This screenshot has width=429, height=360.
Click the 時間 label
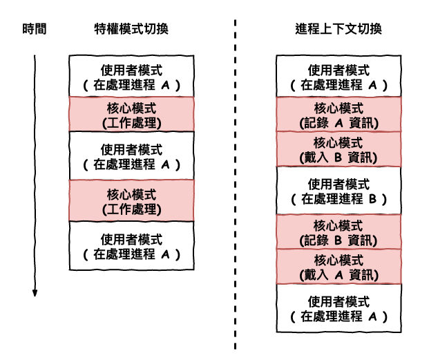click(x=35, y=29)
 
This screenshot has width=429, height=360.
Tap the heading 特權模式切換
click(x=131, y=29)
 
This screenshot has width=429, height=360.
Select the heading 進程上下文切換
click(x=339, y=29)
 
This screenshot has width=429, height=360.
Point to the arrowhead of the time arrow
click(x=35, y=293)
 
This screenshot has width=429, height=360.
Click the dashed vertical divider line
click(x=235, y=184)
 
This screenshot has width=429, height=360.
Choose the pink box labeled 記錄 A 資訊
click(x=339, y=114)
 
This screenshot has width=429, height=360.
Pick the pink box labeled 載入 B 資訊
click(x=339, y=149)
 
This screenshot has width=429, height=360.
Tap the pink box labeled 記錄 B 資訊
click(x=339, y=232)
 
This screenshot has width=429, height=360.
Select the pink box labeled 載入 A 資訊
click(x=339, y=267)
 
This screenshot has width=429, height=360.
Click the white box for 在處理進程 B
click(x=339, y=191)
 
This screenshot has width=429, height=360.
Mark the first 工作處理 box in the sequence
click(x=131, y=114)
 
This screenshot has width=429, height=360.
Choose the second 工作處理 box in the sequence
click(x=131, y=200)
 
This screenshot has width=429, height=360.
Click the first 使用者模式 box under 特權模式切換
click(x=131, y=76)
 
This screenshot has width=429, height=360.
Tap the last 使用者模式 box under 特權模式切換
click(x=131, y=246)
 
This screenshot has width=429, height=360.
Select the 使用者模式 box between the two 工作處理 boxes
click(x=131, y=156)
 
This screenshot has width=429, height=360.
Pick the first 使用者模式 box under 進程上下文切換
click(x=339, y=76)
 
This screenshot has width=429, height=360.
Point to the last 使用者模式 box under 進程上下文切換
click(x=339, y=308)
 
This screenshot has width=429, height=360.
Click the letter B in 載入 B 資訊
click(x=339, y=158)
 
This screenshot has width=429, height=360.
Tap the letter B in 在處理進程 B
click(x=372, y=199)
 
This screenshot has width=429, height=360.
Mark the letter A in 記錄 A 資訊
click(x=339, y=123)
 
